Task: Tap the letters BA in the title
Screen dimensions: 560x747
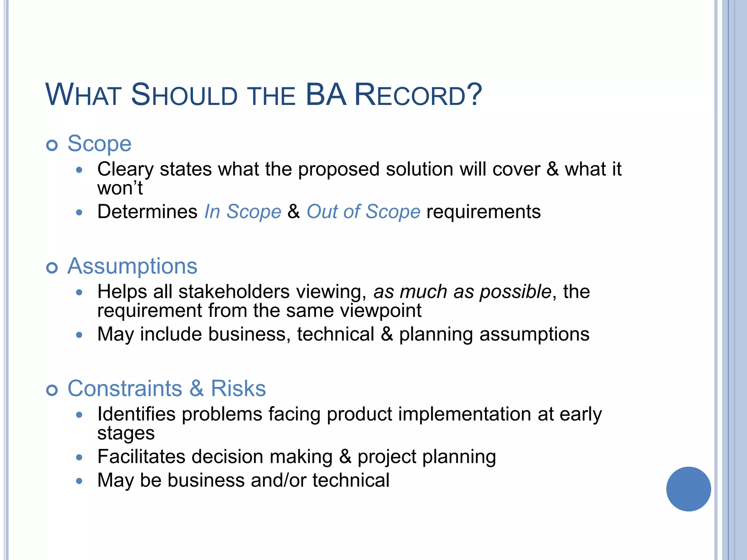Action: [325, 95]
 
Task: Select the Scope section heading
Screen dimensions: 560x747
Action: [99, 144]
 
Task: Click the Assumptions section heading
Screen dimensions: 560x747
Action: [132, 266]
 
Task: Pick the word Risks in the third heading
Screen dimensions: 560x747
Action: [238, 389]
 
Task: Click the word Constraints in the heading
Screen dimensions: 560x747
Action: [125, 389]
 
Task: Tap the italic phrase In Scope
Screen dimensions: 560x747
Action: [243, 212]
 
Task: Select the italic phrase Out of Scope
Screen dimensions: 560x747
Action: [363, 212]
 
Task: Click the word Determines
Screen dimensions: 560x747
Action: [147, 212]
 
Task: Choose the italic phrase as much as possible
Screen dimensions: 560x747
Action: [462, 292]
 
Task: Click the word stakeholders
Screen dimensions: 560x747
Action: [234, 292]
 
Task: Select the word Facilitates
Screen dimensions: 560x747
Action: [141, 457]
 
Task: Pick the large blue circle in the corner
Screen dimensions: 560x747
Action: [688, 489]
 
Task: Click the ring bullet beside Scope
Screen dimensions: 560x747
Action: [52, 145]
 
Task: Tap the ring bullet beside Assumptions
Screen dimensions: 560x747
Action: [52, 268]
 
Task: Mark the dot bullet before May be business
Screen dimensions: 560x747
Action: [79, 481]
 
